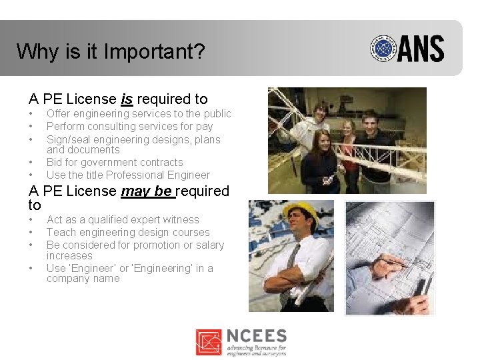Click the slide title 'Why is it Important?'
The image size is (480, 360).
111,52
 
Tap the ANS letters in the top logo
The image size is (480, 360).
421,49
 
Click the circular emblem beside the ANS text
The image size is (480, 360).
383,49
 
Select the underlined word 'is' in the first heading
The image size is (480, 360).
127,99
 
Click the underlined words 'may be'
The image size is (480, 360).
146,191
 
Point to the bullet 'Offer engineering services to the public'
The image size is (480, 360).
139,114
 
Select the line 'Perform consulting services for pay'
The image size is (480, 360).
129,127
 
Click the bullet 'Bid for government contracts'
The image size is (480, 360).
114,163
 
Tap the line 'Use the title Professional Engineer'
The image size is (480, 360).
128,175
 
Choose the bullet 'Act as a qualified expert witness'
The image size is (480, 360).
123,220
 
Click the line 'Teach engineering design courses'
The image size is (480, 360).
128,233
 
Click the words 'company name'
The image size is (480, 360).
83,279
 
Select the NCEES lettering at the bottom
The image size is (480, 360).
256,336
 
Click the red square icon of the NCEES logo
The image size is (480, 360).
209,342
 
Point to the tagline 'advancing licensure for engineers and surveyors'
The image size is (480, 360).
256,350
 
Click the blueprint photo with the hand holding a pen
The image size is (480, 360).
390,257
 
